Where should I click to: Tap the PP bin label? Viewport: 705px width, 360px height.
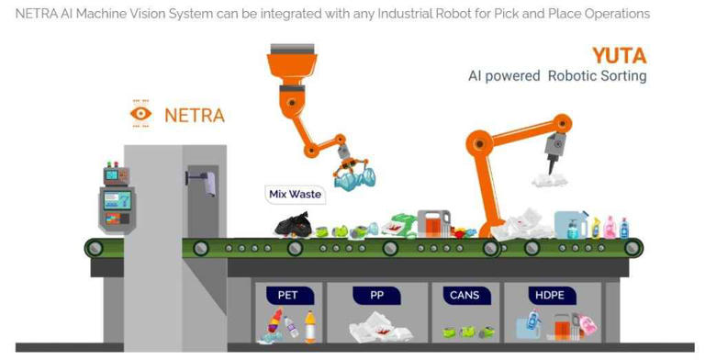376,295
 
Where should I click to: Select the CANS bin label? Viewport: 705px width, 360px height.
464,295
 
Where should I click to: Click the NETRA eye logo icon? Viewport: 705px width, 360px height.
140,115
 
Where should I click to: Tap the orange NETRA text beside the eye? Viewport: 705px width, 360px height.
194,116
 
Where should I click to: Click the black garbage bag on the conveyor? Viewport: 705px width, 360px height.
293,223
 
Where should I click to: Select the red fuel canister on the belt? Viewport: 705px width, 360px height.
433,223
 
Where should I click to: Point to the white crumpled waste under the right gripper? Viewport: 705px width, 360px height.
550,180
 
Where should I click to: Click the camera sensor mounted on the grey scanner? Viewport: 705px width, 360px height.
205,181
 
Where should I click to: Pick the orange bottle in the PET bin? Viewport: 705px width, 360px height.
310,327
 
